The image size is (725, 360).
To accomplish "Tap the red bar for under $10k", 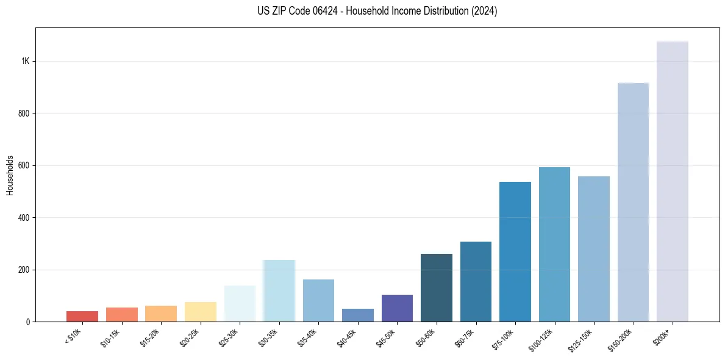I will coord(82,316).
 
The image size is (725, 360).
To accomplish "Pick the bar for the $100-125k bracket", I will coord(554,245).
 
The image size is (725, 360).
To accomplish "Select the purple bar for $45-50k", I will coord(397,308).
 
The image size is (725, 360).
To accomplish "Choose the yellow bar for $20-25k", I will coord(201,312).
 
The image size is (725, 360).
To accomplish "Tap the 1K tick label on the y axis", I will coord(26,62).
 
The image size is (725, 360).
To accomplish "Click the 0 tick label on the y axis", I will coord(27,322).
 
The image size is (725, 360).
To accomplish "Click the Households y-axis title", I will coord(10,175).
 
